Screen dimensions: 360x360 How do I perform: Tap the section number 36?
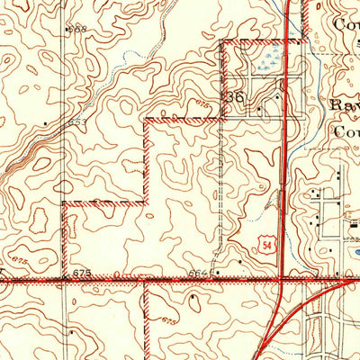click(x=235, y=96)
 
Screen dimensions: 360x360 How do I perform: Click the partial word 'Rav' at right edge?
click(x=346, y=104)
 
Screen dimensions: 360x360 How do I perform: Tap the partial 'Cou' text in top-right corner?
click(x=346, y=24)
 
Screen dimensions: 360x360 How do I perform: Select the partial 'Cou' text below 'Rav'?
click(x=346, y=130)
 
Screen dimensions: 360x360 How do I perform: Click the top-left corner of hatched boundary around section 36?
click(x=221, y=42)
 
